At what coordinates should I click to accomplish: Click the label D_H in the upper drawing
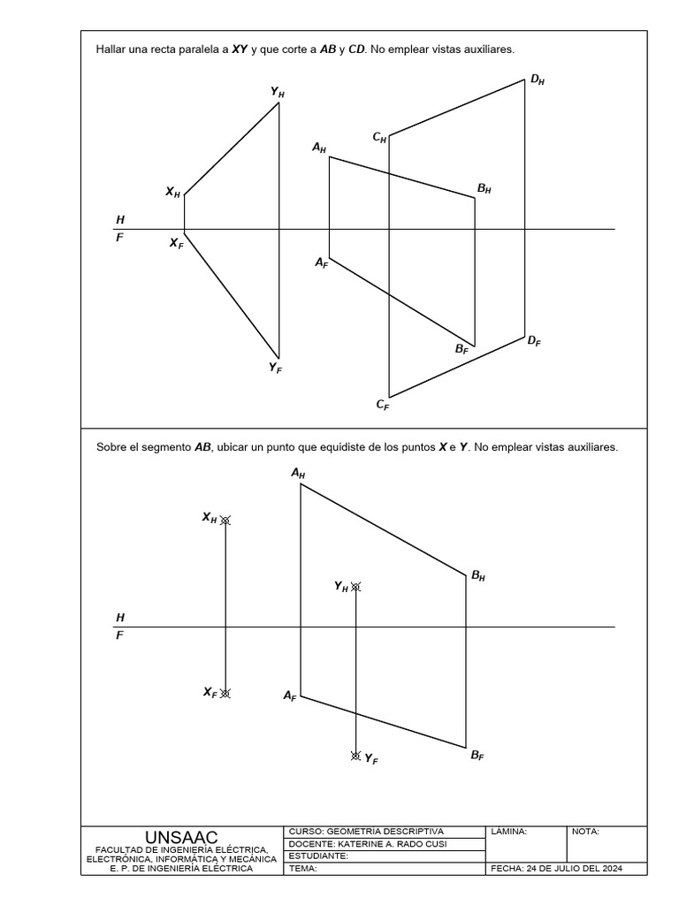coord(538,80)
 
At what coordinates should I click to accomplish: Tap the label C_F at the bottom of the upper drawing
coord(383,405)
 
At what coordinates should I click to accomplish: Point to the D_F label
coord(534,340)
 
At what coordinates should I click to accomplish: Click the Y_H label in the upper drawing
coord(278,92)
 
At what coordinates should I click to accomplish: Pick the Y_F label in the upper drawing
coord(276,368)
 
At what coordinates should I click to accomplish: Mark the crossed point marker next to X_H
coord(225,521)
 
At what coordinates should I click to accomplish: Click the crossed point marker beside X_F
coord(225,694)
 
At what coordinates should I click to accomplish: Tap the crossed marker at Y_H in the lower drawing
coord(355,586)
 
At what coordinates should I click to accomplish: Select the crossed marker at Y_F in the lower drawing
coord(355,756)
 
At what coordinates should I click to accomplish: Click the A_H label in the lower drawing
coord(298,474)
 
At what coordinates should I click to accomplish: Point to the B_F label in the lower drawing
coord(477,756)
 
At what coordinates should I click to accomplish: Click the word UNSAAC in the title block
coord(181,836)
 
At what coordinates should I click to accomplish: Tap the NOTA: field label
coord(586,832)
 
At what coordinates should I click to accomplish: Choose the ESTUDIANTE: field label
coord(318,856)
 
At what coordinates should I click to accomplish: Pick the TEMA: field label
coord(302,868)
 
